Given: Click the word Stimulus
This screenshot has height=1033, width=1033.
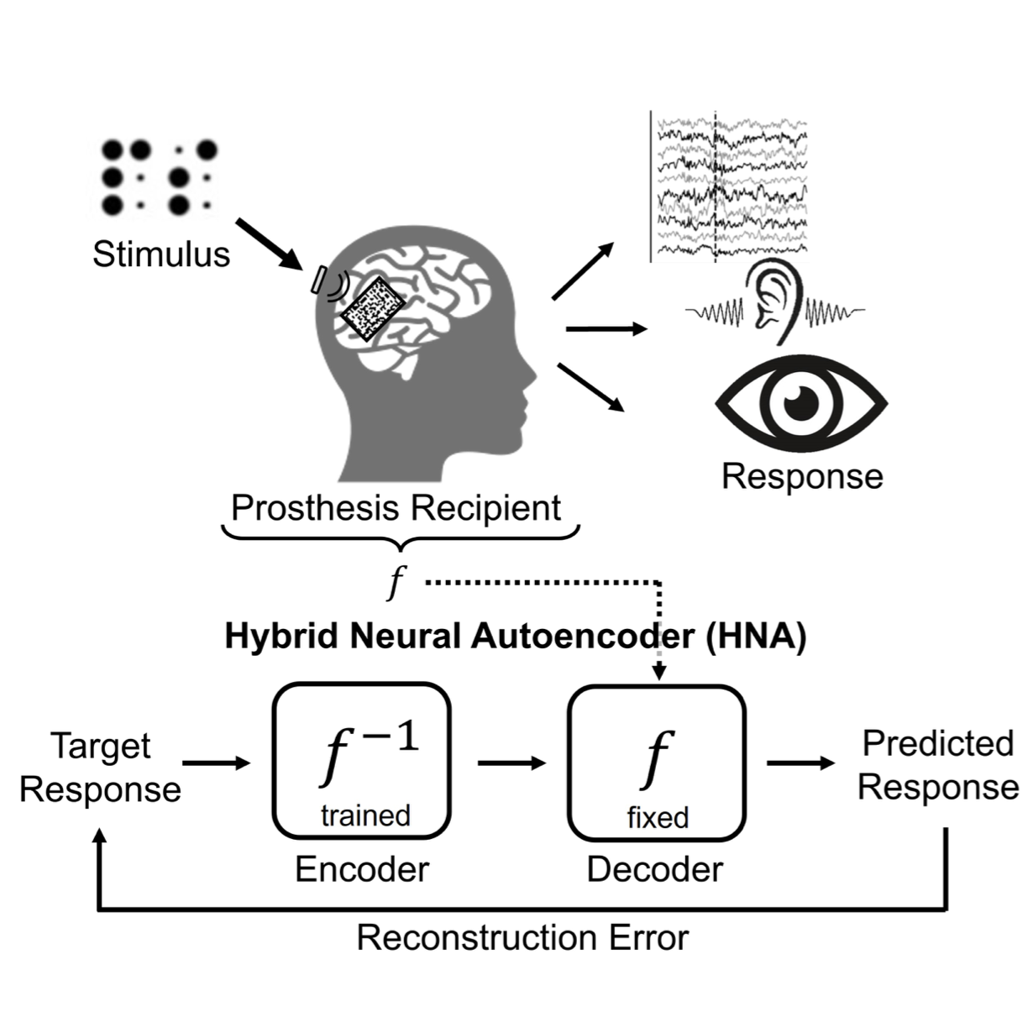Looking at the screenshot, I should point(160,254).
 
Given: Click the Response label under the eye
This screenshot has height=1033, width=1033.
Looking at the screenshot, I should point(802,476).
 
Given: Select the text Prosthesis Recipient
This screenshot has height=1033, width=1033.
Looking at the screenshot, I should point(396,508).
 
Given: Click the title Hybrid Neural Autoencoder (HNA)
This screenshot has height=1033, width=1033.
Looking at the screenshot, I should point(515,637).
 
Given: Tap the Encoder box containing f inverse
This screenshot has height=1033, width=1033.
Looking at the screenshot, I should point(362,760).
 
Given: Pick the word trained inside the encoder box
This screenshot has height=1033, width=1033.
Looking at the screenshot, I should point(365,815).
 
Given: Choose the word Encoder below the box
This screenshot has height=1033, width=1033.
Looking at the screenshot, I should point(362,869).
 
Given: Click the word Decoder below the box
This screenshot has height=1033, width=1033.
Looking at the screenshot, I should point(655,869).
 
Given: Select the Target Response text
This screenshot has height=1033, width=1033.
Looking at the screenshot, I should point(101,768).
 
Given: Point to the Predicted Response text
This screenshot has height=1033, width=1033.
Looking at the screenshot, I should point(938,765).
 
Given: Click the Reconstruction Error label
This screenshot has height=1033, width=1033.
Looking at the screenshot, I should point(522,937).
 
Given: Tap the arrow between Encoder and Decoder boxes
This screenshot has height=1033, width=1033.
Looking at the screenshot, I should point(511,763).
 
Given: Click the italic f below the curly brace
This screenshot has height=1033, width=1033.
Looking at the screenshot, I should point(396,582).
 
